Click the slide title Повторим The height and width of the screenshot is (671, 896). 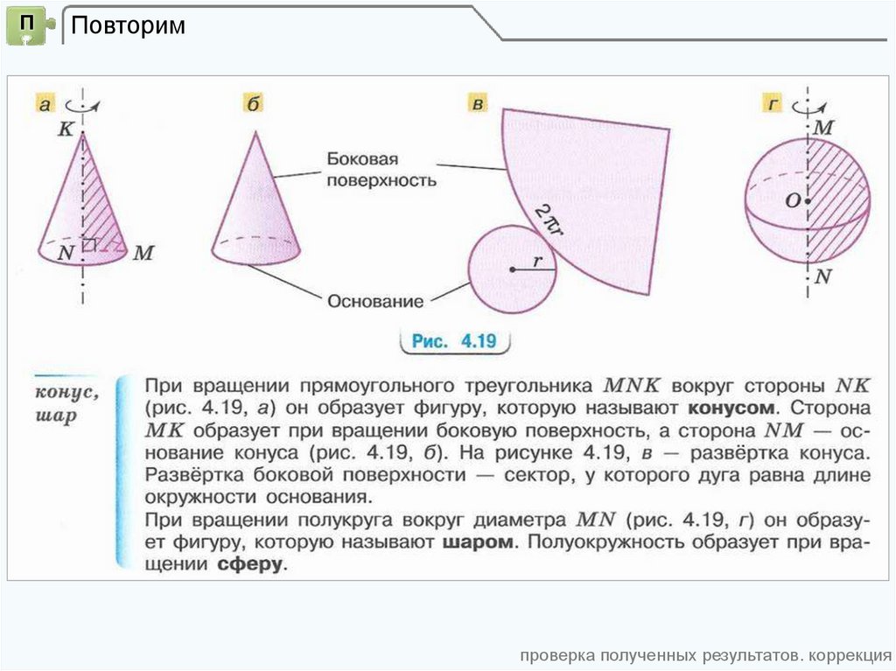pyautogui.click(x=128, y=25)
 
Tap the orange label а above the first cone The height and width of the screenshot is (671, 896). pyautogui.click(x=45, y=106)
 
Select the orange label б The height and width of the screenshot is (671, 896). pyautogui.click(x=253, y=106)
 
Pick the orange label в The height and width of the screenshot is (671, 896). pyautogui.click(x=477, y=106)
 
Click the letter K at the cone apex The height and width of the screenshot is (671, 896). pyautogui.click(x=66, y=129)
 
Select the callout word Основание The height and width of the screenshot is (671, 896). pyautogui.click(x=375, y=302)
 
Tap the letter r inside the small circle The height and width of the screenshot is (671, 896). pyautogui.click(x=538, y=260)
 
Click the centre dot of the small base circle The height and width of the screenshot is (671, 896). pyautogui.click(x=513, y=270)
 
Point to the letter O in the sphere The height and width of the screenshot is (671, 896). pyautogui.click(x=792, y=201)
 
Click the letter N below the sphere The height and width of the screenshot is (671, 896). pyautogui.click(x=822, y=278)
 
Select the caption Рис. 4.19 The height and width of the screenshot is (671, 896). pyautogui.click(x=454, y=341)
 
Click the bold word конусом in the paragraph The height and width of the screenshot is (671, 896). pyautogui.click(x=731, y=409)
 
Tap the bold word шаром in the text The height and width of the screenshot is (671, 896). pyautogui.click(x=478, y=543)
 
